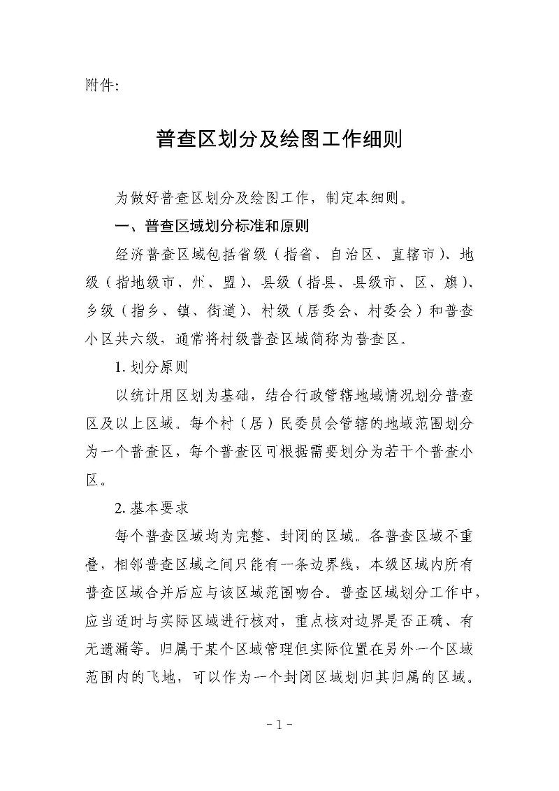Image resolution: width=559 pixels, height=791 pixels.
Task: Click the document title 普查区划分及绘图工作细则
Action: coord(279,140)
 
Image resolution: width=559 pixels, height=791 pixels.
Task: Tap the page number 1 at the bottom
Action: coord(279,725)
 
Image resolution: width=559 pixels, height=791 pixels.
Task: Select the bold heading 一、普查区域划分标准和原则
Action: coord(212,227)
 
